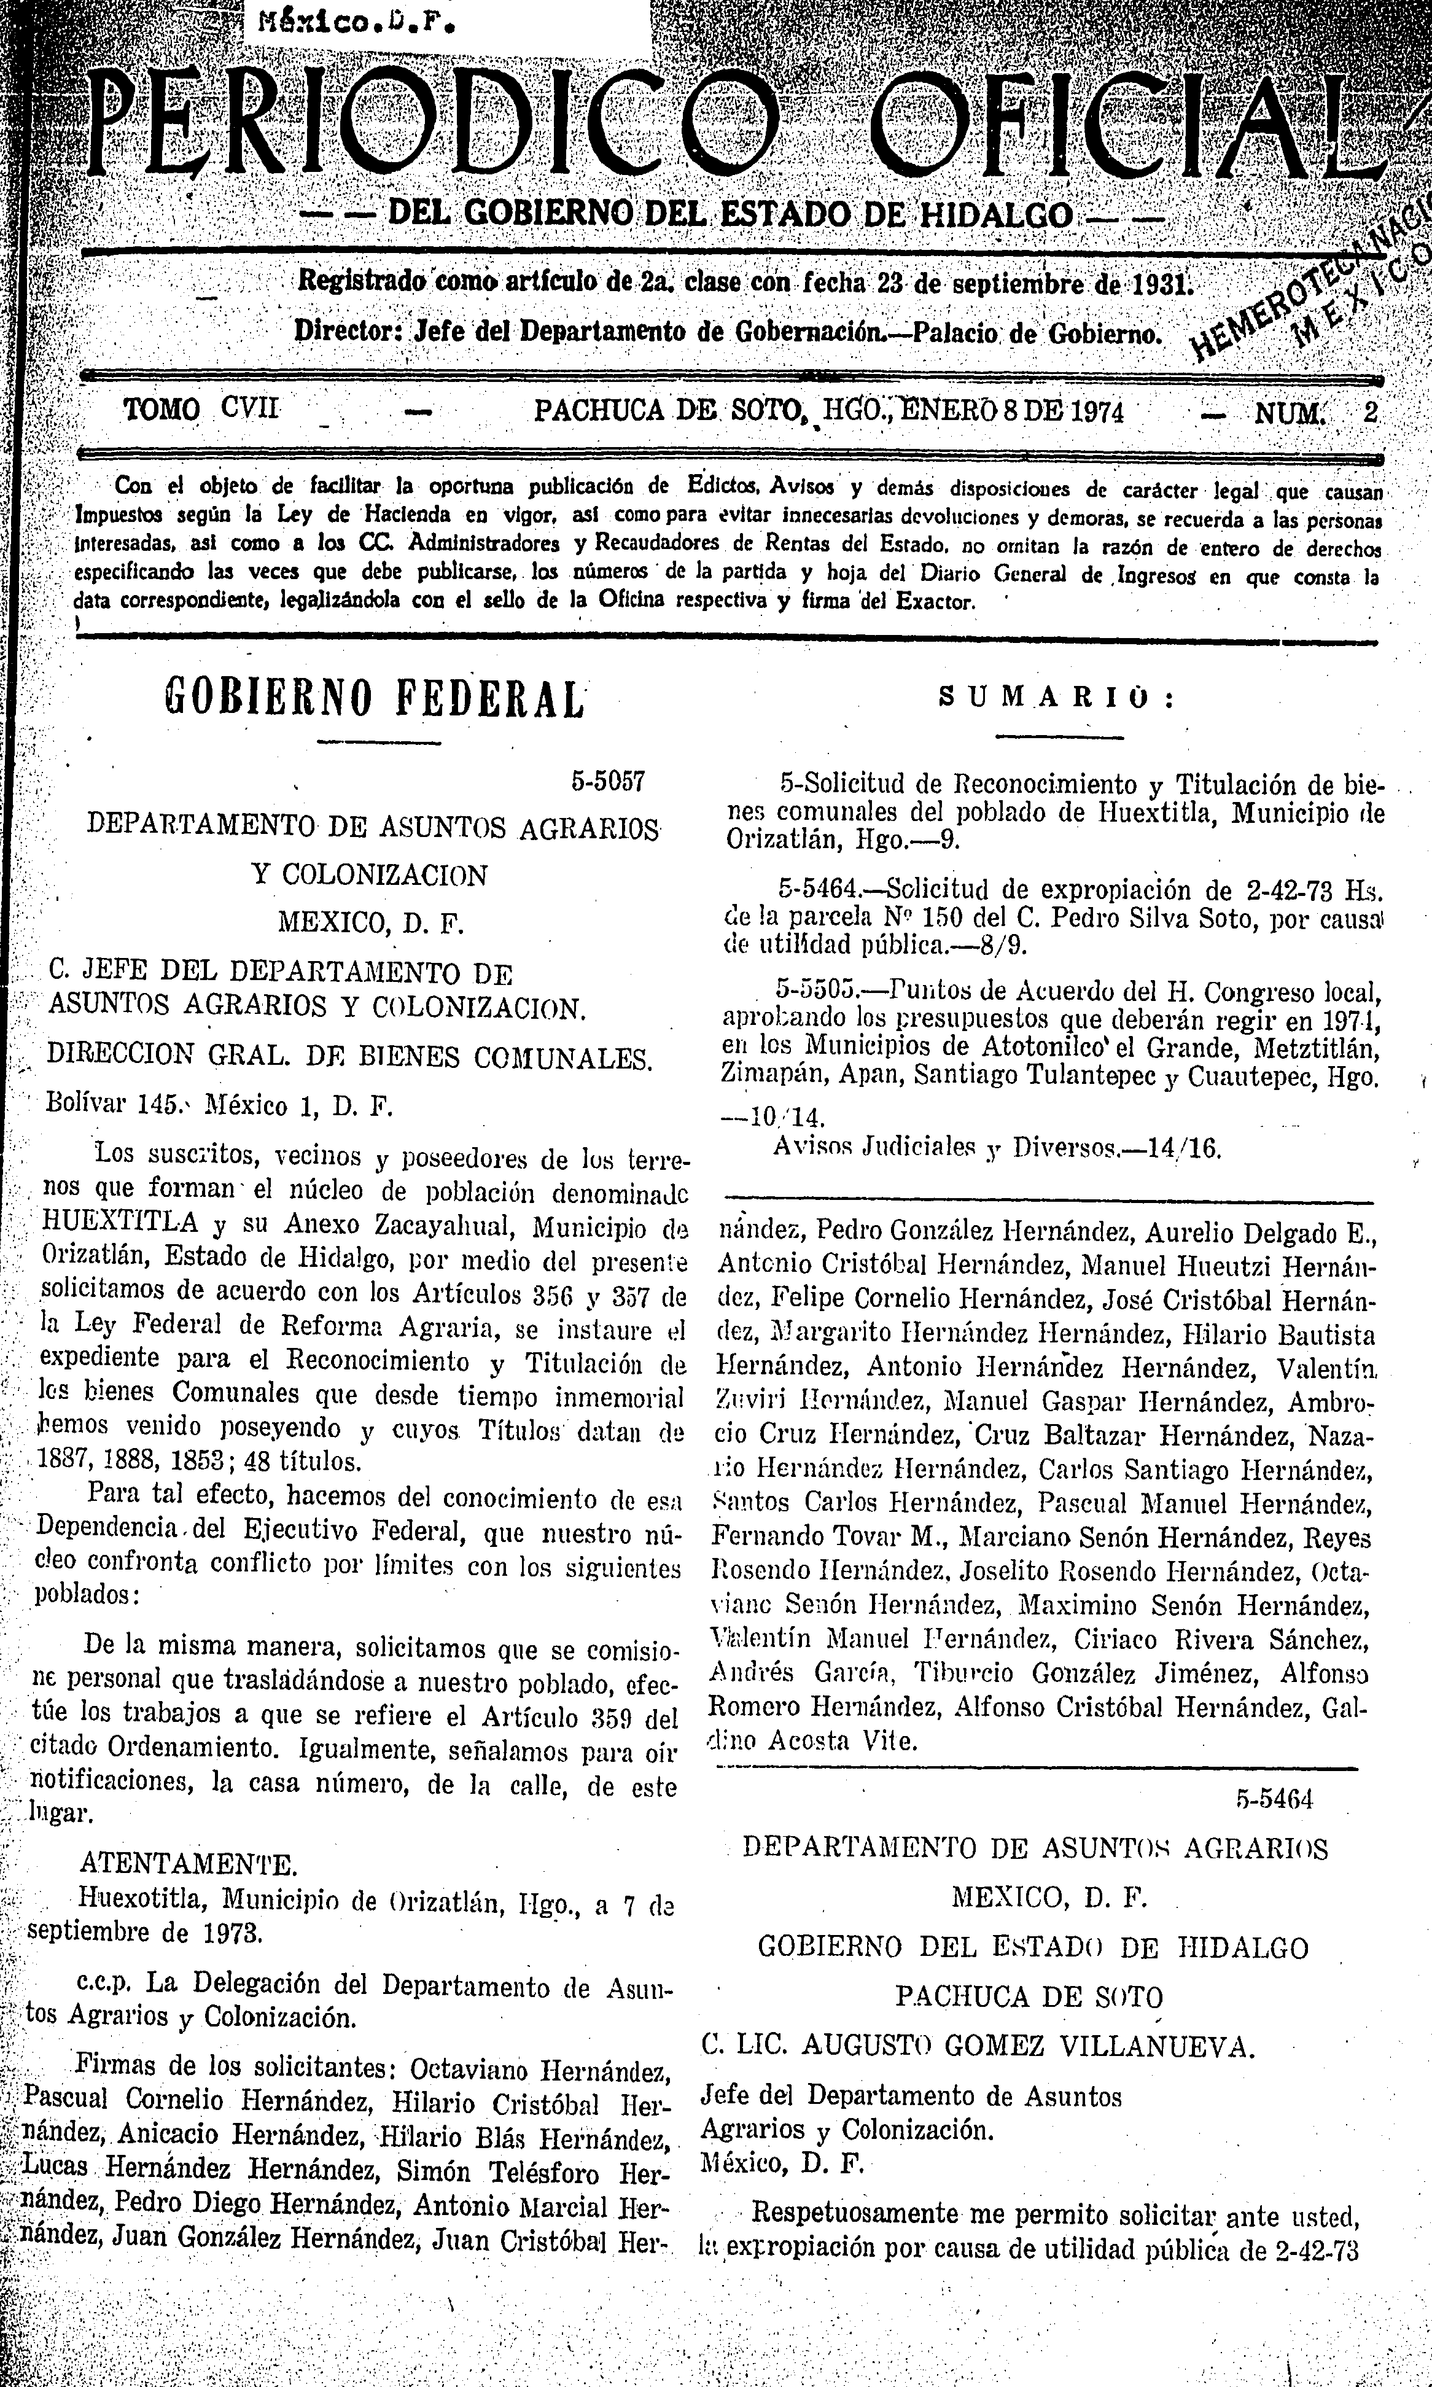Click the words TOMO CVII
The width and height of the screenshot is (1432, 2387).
(x=201, y=412)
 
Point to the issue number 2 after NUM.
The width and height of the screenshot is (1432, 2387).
(x=1369, y=413)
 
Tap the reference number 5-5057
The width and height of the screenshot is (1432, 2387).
(x=607, y=781)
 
